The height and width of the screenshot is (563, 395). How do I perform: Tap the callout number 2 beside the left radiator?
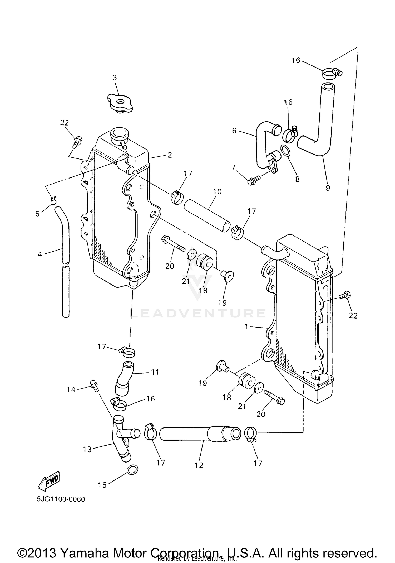pyautogui.click(x=169, y=155)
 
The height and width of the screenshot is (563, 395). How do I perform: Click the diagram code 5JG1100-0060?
pyautogui.click(x=61, y=499)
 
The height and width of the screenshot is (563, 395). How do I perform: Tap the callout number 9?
pyautogui.click(x=328, y=188)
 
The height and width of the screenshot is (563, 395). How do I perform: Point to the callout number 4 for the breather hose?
pyautogui.click(x=40, y=254)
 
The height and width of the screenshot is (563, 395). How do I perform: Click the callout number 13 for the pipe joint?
pyautogui.click(x=87, y=449)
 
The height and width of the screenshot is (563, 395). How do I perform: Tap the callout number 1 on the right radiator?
pyautogui.click(x=246, y=327)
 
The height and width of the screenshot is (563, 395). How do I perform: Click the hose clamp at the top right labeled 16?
pyautogui.click(x=332, y=73)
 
